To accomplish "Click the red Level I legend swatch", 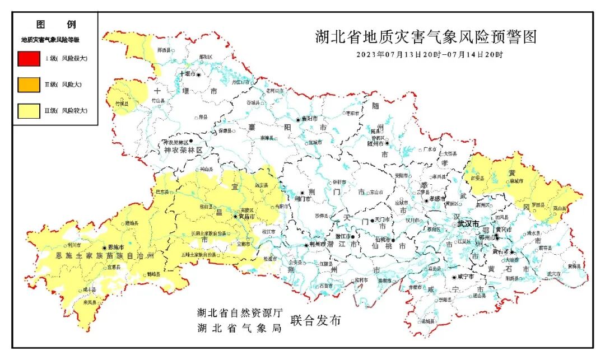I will (29, 58).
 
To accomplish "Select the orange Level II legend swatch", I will (29, 84).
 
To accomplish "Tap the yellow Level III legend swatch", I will (29, 110).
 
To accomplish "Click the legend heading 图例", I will (55, 25).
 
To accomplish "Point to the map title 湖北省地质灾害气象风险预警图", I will (426, 38).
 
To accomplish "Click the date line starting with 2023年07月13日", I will (430, 55).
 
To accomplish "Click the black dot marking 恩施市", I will (104, 247).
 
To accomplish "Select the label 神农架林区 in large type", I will (183, 151).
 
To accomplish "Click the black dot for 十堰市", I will (198, 74).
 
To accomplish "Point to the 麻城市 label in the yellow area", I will (515, 181).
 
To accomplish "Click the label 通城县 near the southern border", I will (427, 322).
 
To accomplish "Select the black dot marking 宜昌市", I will (235, 216).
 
